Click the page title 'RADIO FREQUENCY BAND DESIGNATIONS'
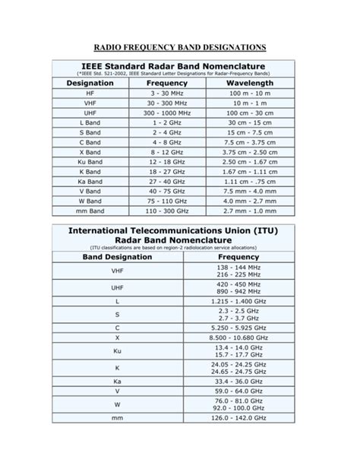click(180, 47)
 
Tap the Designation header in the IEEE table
click(90, 82)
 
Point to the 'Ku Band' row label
click(90, 162)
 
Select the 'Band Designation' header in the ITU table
click(117, 258)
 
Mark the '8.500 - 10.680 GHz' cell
click(239, 337)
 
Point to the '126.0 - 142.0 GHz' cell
click(239, 417)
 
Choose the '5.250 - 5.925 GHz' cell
click(239, 326)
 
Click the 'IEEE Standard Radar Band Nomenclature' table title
click(179, 66)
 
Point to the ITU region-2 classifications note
click(179, 247)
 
